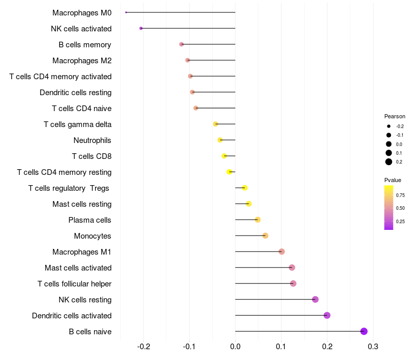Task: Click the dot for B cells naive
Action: click(364, 331)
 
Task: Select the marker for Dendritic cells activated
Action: click(327, 315)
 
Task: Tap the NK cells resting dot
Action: click(315, 299)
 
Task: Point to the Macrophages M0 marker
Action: click(126, 12)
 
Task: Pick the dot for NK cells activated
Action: click(141, 28)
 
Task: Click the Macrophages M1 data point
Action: click(282, 251)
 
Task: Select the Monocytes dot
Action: click(265, 236)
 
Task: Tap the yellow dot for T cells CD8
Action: click(224, 156)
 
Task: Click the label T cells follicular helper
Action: click(74, 284)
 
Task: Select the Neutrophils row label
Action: click(92, 140)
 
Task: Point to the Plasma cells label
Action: click(90, 220)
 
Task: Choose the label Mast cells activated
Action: click(78, 268)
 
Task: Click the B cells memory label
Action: click(85, 45)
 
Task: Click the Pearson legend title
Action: click(395, 117)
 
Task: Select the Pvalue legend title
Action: click(393, 180)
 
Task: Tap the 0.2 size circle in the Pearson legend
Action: click(389, 162)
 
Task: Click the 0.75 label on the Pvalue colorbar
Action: click(400, 195)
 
